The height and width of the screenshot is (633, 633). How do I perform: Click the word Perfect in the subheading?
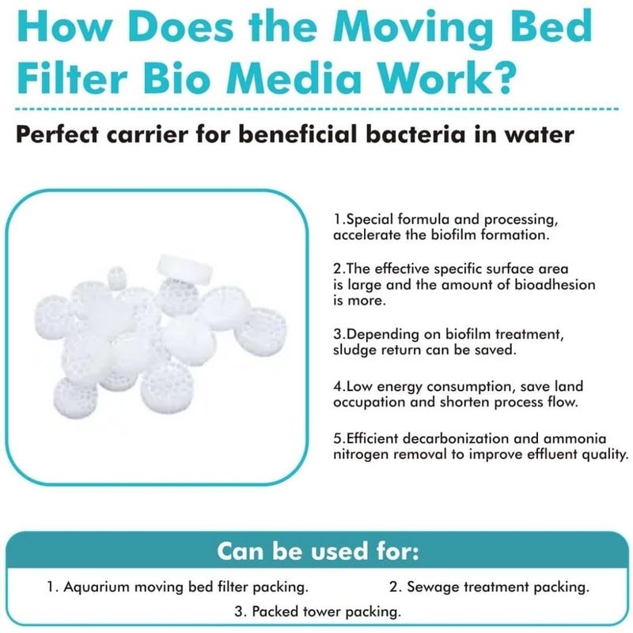[x=62, y=135]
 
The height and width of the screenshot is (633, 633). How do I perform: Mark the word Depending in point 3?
[x=377, y=335]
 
